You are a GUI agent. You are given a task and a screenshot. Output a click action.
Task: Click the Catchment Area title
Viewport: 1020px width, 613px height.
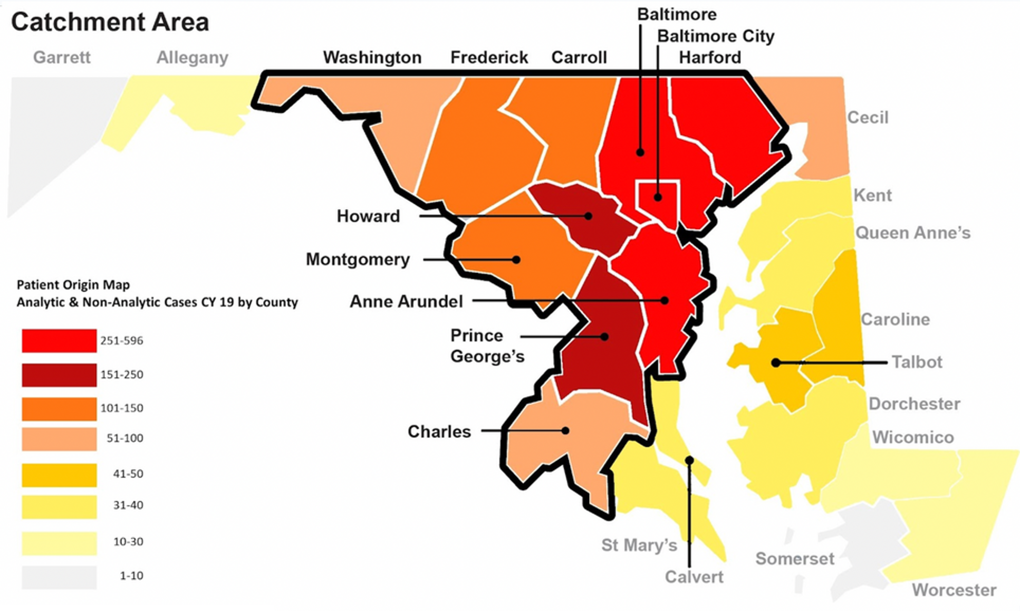(110, 22)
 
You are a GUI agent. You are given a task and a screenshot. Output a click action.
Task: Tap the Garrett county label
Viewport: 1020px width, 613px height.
(62, 57)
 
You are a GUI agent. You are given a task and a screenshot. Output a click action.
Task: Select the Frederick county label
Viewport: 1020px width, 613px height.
(488, 57)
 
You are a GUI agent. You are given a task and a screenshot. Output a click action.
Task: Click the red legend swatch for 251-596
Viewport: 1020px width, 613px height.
(59, 340)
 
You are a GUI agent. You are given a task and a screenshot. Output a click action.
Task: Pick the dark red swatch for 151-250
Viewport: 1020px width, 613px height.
(59, 375)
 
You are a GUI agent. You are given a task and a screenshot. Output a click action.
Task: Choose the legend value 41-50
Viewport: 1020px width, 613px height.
(128, 474)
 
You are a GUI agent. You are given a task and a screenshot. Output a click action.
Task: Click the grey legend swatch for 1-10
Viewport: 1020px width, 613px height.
(59, 577)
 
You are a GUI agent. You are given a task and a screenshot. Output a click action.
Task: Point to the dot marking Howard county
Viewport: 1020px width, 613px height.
(588, 216)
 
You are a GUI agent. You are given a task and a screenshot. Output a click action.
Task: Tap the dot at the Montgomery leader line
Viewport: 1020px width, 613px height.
(516, 260)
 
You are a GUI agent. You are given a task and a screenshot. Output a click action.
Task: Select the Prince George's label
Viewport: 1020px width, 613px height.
(486, 346)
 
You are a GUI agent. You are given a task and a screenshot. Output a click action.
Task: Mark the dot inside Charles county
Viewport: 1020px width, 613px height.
(565, 430)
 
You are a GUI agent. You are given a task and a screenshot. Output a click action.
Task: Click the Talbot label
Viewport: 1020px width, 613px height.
(917, 362)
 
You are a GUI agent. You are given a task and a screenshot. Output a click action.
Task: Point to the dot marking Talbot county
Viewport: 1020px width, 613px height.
(775, 362)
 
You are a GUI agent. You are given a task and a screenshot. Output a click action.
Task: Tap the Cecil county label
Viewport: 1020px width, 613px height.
(868, 117)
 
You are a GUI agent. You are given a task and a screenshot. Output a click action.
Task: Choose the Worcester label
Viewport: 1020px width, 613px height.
(954, 590)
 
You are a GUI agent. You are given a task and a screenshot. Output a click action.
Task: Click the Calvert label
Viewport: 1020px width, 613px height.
(694, 577)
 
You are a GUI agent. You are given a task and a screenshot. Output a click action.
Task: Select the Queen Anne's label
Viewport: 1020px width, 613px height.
(912, 233)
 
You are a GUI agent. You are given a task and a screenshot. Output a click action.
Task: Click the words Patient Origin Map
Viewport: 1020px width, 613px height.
(73, 285)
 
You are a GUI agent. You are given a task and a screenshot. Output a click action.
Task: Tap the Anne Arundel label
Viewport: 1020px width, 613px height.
(406, 301)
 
